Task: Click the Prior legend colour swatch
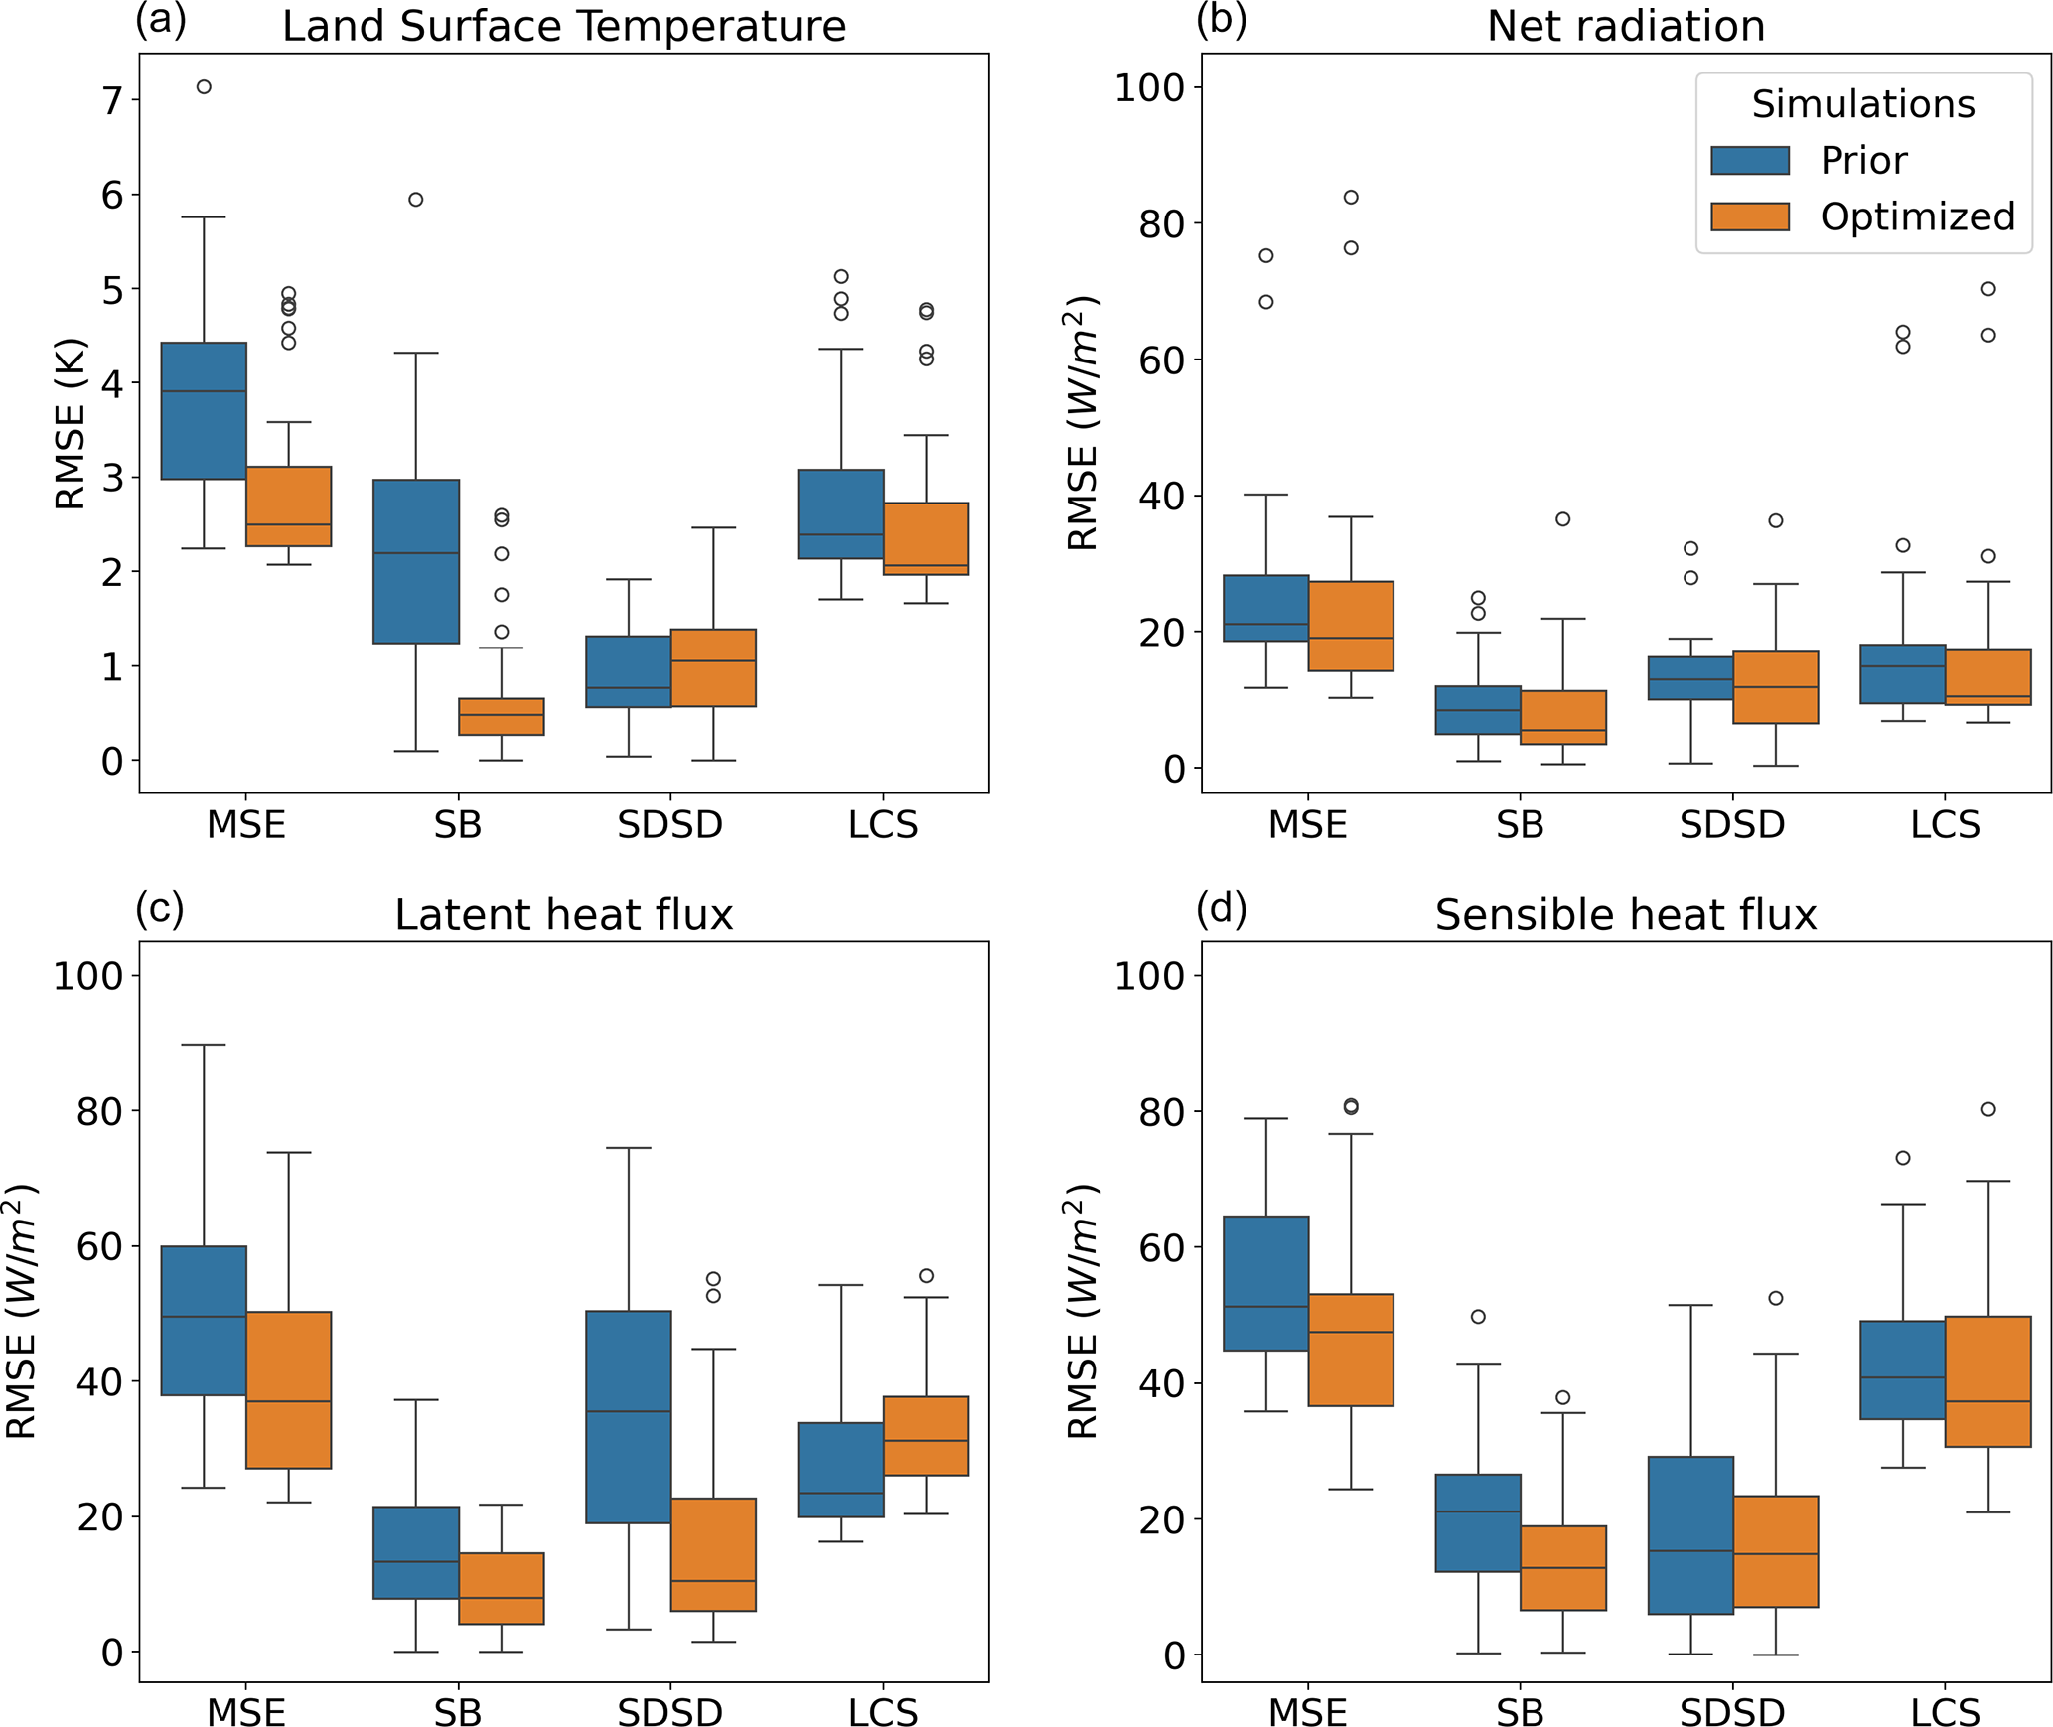pos(1749,160)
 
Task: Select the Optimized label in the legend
pos(1917,216)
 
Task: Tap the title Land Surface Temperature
pos(563,26)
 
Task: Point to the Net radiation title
pos(1625,26)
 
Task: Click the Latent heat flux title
pos(563,914)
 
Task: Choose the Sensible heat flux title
pos(1625,914)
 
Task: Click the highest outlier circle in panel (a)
pos(204,87)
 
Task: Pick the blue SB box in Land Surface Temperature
pos(416,561)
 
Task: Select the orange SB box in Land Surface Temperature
pos(502,716)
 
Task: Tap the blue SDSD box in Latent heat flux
pos(629,1417)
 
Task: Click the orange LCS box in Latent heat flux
pos(926,1436)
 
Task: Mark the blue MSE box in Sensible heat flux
pos(1265,1283)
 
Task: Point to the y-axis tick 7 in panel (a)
pos(112,100)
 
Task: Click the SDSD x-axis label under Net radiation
pos(1732,825)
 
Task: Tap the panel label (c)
pos(160,907)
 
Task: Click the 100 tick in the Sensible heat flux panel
pos(1149,976)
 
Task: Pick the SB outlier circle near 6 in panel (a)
pos(416,200)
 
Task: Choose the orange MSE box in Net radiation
pos(1351,626)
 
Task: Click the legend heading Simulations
pos(1862,104)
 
